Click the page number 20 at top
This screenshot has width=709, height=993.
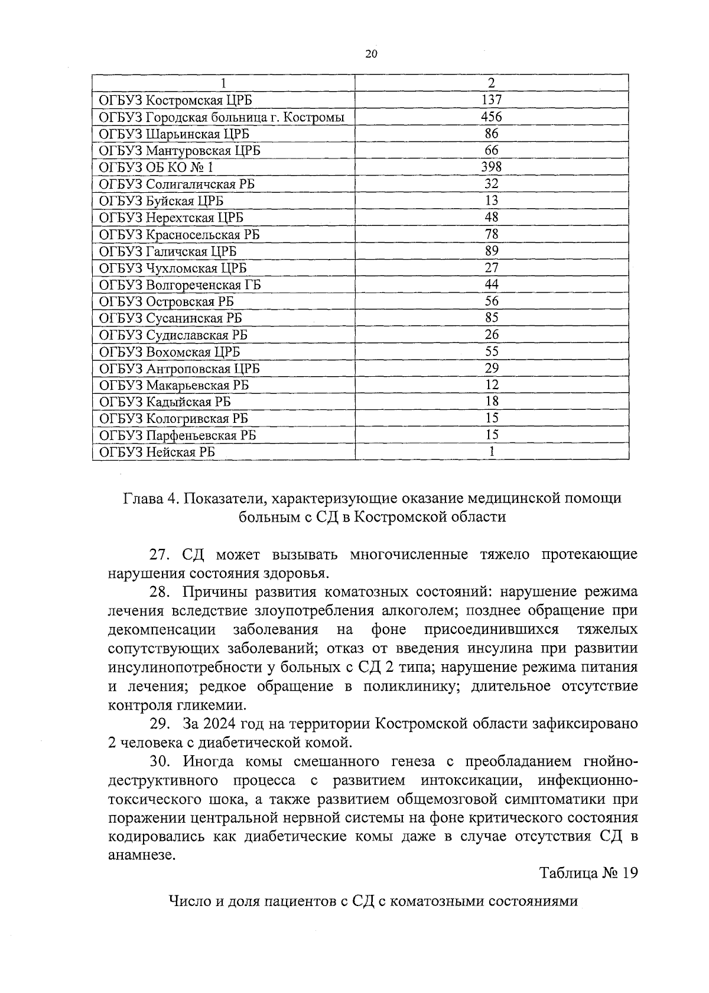[371, 54]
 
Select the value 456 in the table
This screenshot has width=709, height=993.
[492, 117]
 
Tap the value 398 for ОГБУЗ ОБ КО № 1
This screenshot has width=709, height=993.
[492, 167]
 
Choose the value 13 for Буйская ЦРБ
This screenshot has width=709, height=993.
[492, 200]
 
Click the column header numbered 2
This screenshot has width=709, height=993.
[492, 83]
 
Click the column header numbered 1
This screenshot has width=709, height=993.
[223, 83]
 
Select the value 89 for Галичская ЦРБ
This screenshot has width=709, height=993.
[492, 251]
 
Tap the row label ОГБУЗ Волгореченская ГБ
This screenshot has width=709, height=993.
[180, 285]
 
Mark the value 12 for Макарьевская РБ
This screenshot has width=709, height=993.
[492, 385]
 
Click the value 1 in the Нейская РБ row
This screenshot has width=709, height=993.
[492, 452]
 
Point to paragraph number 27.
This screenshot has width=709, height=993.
[160, 555]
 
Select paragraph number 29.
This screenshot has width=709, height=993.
[160, 723]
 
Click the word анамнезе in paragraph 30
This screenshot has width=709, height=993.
[141, 855]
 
